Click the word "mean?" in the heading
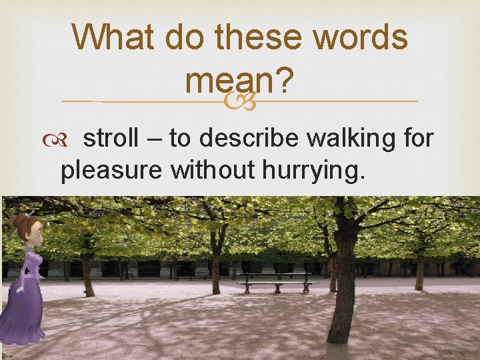coord(240,81)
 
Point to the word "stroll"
coord(113,139)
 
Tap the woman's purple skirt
coord(23,310)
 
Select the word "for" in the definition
coord(418,139)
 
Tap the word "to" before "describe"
coord(180,139)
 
